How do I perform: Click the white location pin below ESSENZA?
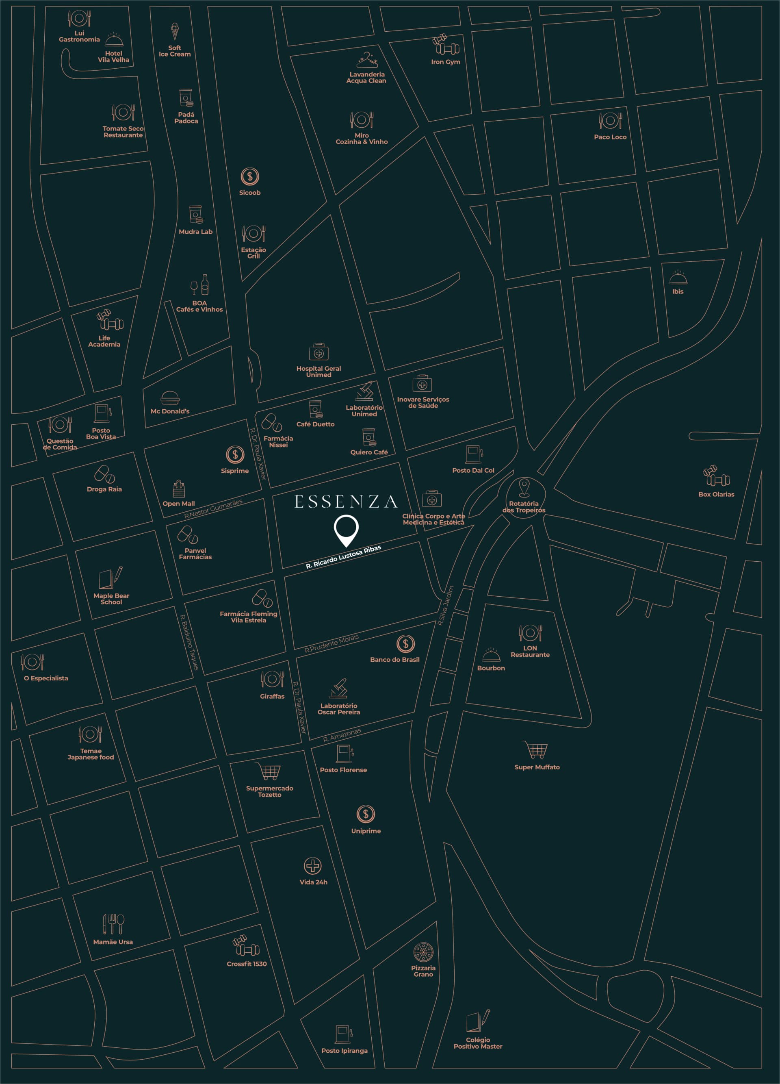[346, 530]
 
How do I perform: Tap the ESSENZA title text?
[346, 502]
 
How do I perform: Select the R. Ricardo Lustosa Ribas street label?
[343, 557]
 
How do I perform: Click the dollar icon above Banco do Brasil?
[405, 644]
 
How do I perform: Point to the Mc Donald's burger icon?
[170, 398]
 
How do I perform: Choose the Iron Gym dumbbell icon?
[446, 45]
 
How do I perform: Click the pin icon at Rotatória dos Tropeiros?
[524, 488]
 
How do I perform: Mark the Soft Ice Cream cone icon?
[175, 32]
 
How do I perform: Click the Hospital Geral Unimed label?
[318, 371]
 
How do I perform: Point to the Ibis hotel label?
[677, 291]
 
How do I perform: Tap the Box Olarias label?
[716, 494]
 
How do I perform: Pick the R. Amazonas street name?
[342, 734]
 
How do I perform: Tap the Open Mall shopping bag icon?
[179, 489]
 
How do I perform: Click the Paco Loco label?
[610, 137]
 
